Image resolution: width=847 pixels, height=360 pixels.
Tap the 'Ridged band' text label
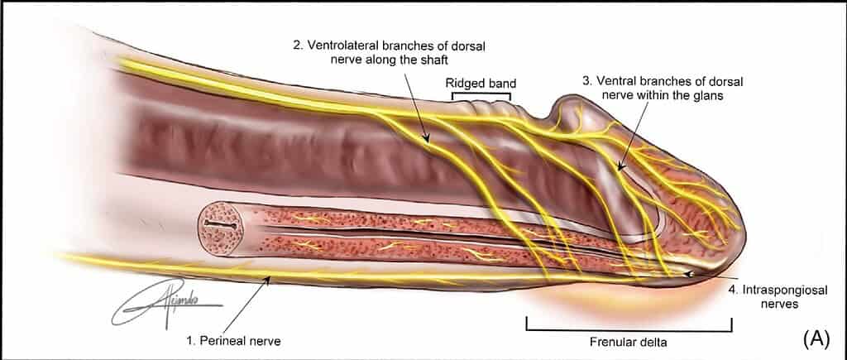coord(481,84)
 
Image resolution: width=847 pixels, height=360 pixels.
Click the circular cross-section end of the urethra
coord(218,226)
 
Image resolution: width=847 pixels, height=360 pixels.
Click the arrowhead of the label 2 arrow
coord(427,142)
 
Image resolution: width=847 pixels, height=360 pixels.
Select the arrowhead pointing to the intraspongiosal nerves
coord(687,271)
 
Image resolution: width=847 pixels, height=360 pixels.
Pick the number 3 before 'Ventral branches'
coord(586,81)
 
